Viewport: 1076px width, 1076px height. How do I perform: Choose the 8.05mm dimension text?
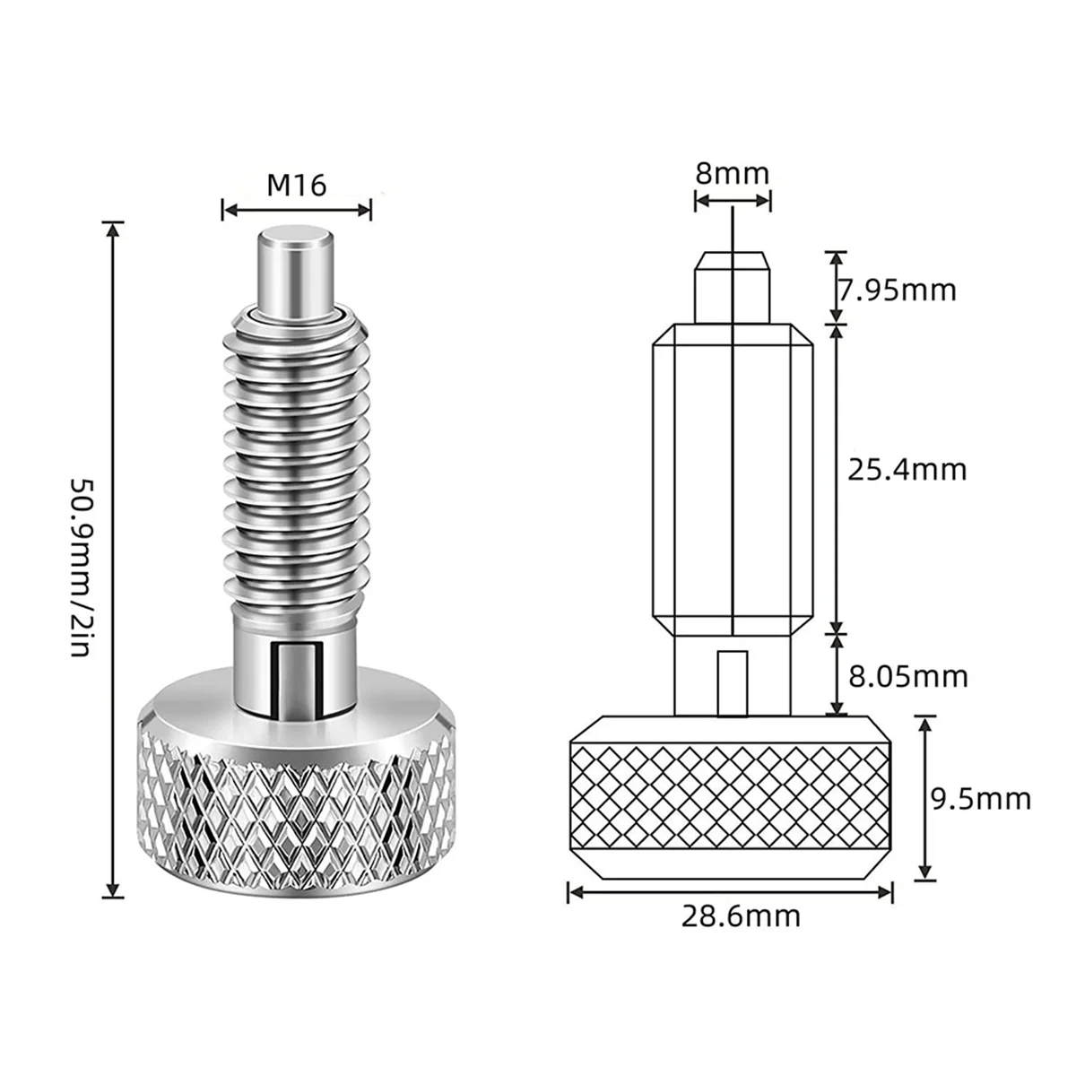pos(908,675)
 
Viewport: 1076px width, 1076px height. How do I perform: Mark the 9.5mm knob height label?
pos(980,798)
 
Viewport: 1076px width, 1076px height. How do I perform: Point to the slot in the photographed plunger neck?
pos(296,668)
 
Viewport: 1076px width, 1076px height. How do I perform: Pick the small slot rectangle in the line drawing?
pos(733,682)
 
